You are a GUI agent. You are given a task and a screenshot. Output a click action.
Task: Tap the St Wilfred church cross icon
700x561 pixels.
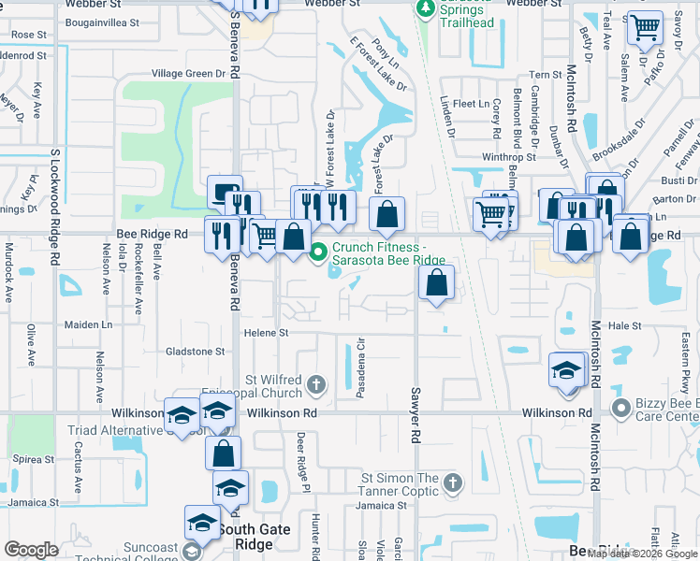coord(317,384)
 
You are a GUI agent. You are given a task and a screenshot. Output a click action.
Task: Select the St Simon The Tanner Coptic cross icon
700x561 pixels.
coord(453,483)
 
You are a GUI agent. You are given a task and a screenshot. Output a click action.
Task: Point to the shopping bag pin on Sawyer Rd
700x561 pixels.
coord(436,283)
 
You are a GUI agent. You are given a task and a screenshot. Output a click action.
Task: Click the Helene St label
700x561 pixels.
coord(267,333)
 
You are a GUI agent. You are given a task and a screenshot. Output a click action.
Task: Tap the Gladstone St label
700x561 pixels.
coord(196,352)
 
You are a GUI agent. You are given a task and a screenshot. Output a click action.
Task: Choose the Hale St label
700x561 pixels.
coord(624,326)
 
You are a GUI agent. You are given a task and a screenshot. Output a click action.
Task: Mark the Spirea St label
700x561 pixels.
coord(34,460)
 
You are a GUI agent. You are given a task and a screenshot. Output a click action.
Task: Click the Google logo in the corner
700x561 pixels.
coord(32,550)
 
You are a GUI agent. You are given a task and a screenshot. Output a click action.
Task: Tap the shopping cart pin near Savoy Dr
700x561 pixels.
coord(645,30)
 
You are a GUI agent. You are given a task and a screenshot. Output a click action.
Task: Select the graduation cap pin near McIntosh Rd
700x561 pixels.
coord(566,370)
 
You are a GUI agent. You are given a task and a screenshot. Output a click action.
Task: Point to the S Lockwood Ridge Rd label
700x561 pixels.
coord(55,191)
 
